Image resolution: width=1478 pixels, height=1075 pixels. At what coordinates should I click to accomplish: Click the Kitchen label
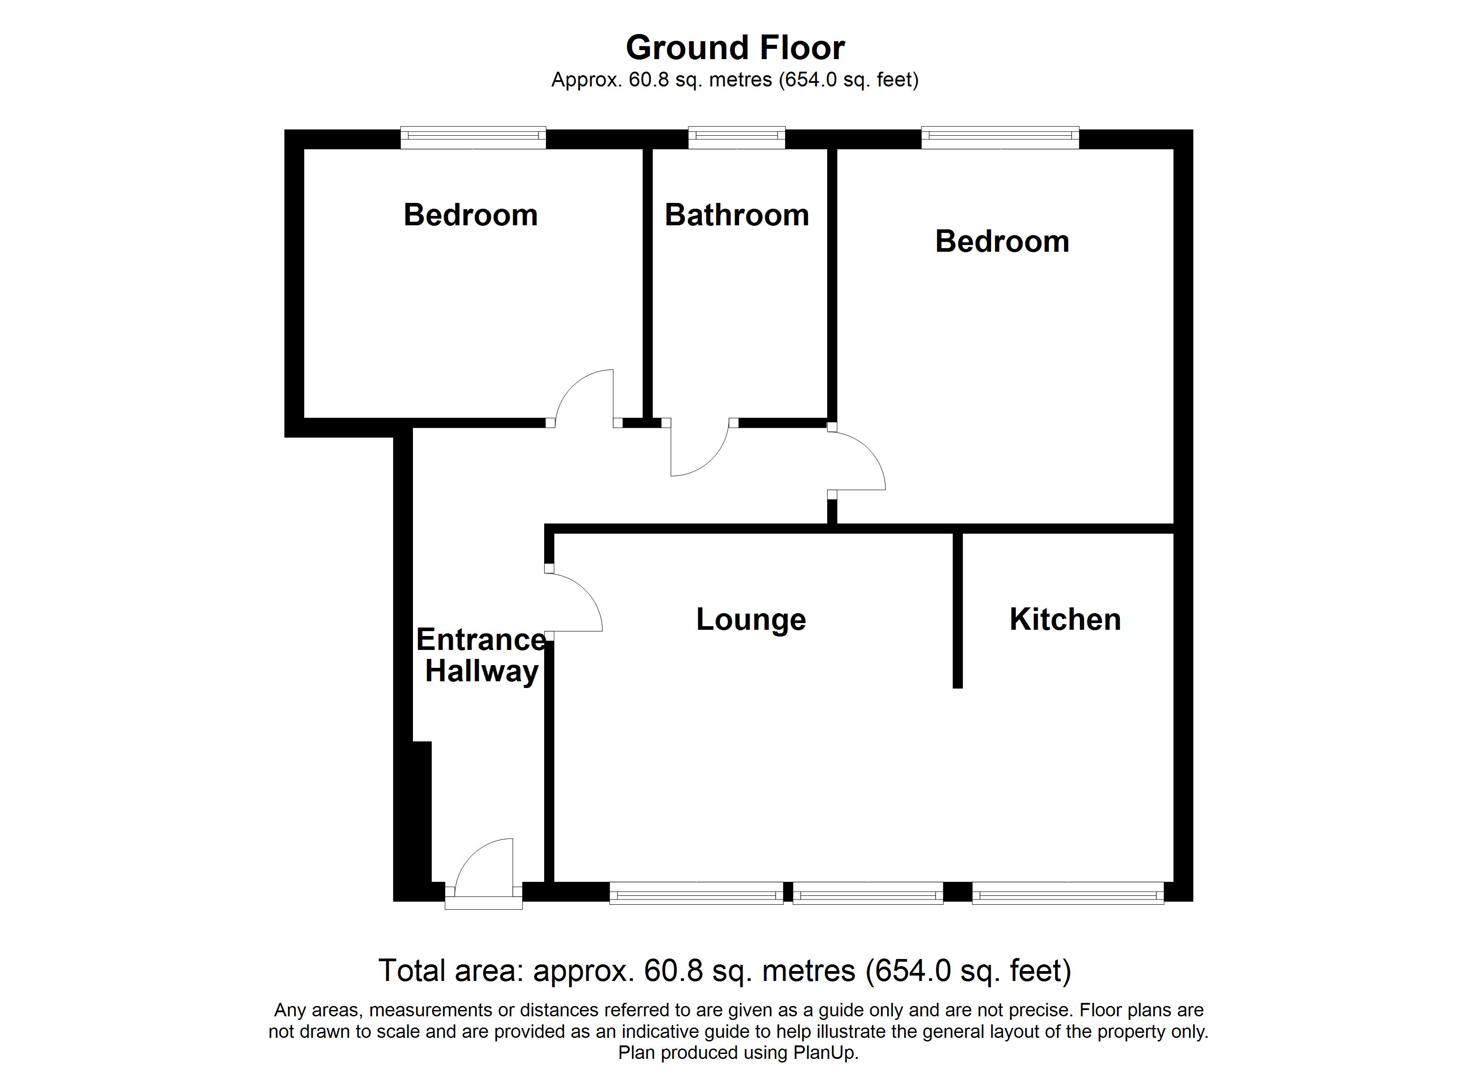coord(1065,619)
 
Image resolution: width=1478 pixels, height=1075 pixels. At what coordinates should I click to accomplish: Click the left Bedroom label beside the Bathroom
coord(471,215)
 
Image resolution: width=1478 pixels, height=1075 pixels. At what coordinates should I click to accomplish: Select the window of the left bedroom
coord(473,136)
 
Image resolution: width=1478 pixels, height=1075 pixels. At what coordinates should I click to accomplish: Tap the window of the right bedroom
coord(1000,136)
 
